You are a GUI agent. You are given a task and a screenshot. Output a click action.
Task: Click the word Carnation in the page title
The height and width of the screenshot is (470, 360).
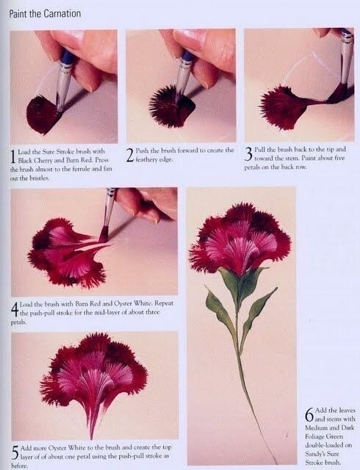coord(62,14)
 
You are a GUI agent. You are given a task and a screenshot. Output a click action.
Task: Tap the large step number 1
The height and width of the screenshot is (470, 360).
coord(13,156)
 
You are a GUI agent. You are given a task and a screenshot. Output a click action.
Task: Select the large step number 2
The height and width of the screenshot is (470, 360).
coord(130,155)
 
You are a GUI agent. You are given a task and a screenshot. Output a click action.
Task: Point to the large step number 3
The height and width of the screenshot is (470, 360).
coord(248,154)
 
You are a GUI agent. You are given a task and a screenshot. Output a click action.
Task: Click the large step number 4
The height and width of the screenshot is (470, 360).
coord(15,309)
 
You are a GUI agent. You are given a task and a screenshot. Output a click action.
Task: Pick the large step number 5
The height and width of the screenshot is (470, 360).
coord(15,452)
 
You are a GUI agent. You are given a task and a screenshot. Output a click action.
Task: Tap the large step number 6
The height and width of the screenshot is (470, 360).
coord(309,414)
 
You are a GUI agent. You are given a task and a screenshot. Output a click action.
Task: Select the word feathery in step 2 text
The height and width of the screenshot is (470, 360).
coord(145,159)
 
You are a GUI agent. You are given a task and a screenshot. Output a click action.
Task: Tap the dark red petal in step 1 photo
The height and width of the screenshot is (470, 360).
coord(42,115)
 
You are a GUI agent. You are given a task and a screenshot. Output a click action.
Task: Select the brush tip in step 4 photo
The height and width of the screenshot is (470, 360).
coord(103,234)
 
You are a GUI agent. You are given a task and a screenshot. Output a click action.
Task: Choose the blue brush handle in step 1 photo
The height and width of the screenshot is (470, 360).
coord(66,58)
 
